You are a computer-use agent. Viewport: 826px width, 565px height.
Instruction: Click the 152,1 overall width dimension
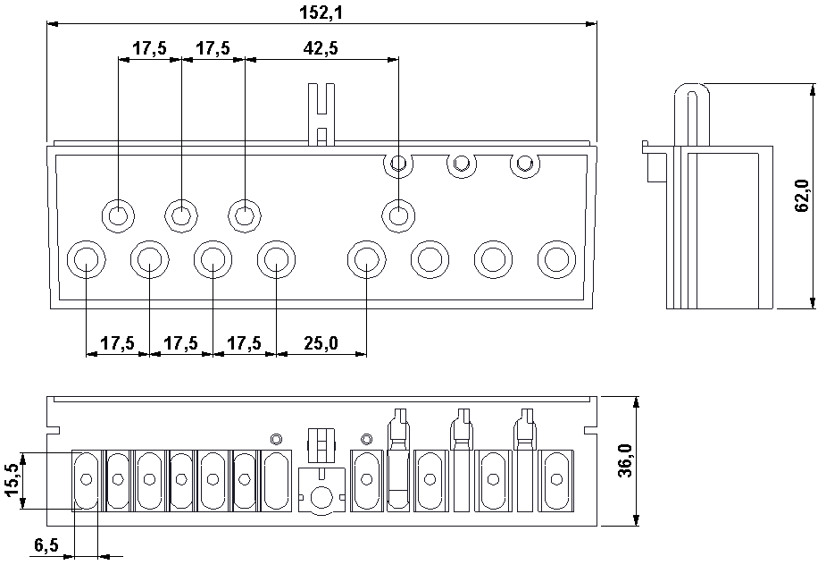click(321, 13)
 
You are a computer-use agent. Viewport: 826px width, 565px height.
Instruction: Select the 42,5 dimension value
click(321, 48)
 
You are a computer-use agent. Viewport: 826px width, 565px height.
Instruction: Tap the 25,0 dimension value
click(321, 343)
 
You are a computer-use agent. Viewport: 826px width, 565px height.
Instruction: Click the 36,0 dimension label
click(625, 460)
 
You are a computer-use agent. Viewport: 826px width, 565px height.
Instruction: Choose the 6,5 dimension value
click(46, 545)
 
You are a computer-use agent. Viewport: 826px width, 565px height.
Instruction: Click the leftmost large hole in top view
click(86, 259)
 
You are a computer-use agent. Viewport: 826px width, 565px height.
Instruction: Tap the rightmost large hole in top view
click(557, 259)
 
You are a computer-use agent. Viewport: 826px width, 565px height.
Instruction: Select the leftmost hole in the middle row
click(118, 215)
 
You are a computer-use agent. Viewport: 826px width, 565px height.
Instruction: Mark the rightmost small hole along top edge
click(525, 164)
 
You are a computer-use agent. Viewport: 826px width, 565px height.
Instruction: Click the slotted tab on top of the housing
click(321, 114)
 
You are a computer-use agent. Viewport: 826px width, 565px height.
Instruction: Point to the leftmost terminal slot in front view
click(87, 479)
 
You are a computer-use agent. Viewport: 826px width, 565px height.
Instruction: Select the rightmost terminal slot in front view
click(555, 479)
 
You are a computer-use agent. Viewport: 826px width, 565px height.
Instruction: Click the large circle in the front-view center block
click(321, 496)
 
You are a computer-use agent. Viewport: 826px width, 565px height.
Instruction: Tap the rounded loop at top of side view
click(692, 93)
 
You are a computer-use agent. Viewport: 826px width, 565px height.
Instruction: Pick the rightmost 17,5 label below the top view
click(244, 343)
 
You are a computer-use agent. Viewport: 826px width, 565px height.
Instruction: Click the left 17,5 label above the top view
click(149, 48)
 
